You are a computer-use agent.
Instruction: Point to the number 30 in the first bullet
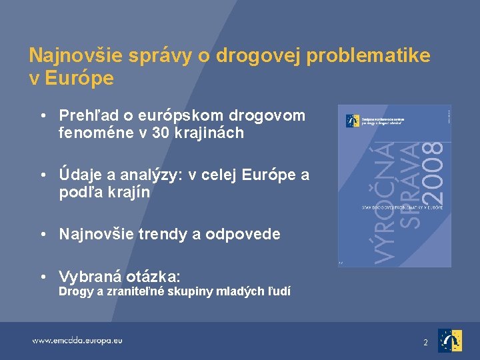click(161, 133)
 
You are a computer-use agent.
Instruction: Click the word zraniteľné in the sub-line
click(139, 291)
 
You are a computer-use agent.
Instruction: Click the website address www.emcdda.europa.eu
click(77, 341)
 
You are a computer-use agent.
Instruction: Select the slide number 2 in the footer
click(425, 342)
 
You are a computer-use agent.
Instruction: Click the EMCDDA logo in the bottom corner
click(450, 341)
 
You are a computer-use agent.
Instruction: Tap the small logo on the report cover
click(352, 121)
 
